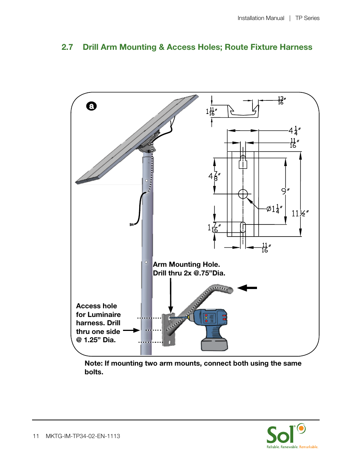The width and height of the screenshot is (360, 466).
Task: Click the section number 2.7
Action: pos(67,47)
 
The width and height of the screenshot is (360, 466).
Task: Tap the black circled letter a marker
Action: pos(91,106)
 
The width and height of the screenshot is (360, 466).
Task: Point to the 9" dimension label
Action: pos(285,191)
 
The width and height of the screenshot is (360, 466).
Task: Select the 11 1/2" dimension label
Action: pos(300,214)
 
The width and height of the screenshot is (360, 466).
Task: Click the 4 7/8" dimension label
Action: pos(214,176)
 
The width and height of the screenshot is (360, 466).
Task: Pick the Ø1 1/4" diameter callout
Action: pos(274,209)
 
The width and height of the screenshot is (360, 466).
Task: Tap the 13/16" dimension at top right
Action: pos(281,100)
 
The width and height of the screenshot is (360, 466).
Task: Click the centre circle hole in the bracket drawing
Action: pos(243,194)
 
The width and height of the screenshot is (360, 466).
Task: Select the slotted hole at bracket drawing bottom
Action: pos(243,227)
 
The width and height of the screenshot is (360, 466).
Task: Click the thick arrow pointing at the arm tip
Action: pos(247,288)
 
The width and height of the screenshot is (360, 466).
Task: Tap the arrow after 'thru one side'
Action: pos(131,331)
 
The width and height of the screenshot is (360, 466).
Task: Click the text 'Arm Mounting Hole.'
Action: pos(186,265)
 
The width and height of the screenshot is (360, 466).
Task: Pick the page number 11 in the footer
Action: pos(36,436)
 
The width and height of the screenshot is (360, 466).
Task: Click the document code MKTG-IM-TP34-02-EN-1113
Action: pos(83,436)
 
